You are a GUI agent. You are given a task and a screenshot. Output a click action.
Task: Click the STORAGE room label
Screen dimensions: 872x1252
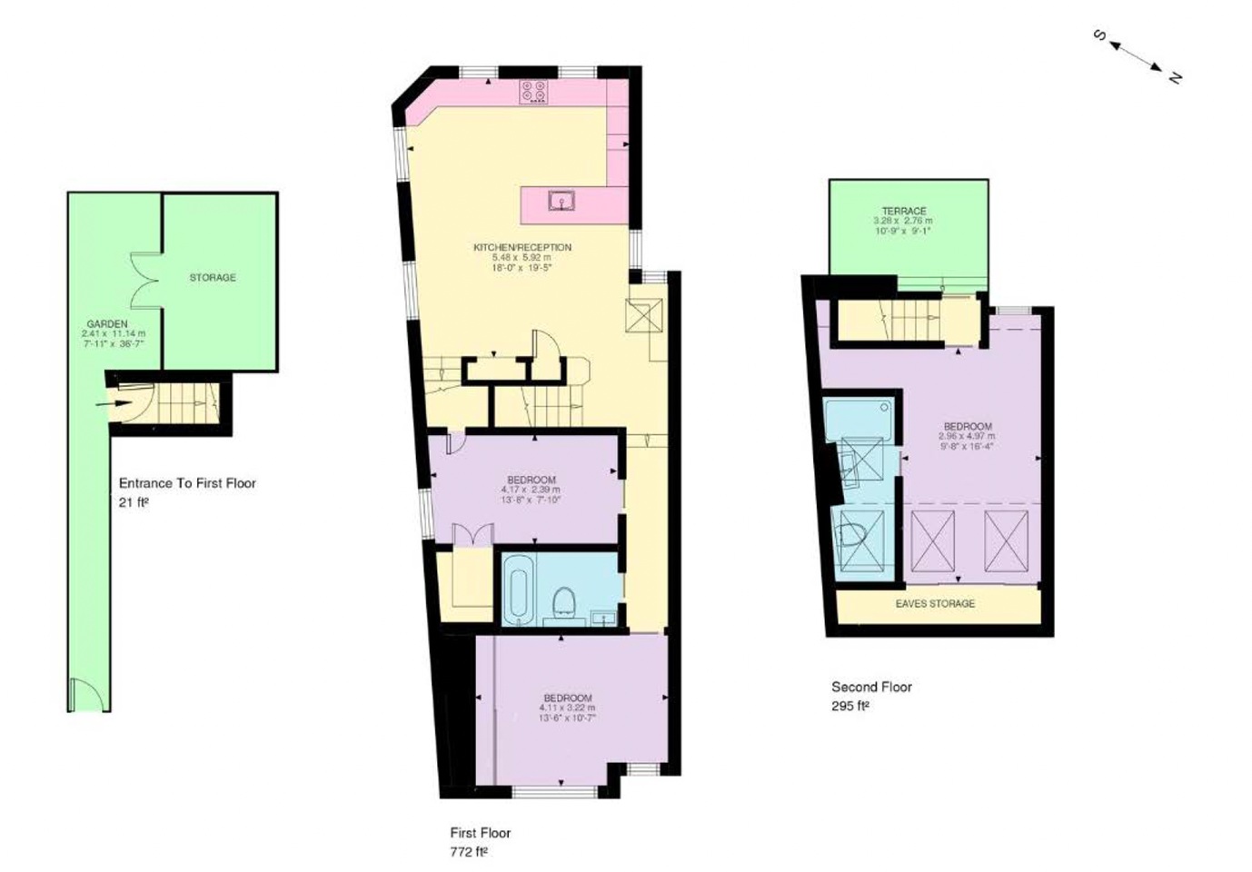[x=213, y=277]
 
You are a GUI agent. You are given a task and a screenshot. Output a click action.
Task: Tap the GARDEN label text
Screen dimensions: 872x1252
[x=107, y=323]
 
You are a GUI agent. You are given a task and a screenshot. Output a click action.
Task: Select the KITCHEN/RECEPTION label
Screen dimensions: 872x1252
[x=522, y=247]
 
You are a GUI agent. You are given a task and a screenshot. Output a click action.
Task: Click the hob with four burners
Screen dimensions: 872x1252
[x=533, y=92]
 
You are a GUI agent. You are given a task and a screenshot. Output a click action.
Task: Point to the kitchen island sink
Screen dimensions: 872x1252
[x=561, y=200]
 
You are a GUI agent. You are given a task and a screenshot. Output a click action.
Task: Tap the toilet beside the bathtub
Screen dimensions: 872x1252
[x=564, y=601]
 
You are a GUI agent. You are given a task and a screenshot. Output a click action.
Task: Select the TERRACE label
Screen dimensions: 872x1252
[x=904, y=211]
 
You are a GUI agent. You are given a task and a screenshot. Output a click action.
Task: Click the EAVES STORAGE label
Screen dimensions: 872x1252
[x=935, y=603]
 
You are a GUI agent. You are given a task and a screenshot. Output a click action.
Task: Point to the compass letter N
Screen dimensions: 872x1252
[x=1174, y=77]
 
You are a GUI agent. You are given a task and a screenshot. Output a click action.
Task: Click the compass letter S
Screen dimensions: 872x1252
[x=1099, y=35]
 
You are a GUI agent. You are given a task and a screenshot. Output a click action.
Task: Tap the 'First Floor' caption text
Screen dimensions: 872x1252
[x=481, y=832]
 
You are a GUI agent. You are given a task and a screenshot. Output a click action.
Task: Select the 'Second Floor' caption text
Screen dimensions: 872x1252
[x=871, y=687]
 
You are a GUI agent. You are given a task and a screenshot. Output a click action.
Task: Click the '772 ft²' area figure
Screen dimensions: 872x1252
[x=469, y=852]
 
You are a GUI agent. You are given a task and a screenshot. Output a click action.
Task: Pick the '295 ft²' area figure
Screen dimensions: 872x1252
[x=850, y=706]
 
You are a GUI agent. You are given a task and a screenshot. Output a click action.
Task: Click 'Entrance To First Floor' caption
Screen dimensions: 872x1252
[x=187, y=483]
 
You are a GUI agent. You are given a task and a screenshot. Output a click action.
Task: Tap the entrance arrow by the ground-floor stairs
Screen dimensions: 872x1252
[x=118, y=402]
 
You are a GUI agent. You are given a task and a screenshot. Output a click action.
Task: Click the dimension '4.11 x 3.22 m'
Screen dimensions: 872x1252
[x=568, y=708]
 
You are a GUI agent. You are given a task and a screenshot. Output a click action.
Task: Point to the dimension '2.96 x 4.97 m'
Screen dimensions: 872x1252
[x=968, y=436]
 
